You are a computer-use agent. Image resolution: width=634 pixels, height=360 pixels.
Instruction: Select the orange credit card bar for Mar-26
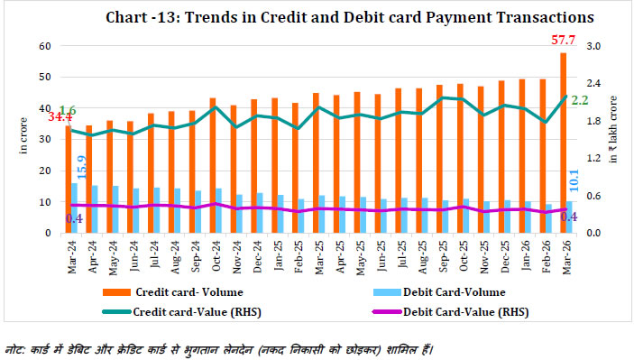point(564,144)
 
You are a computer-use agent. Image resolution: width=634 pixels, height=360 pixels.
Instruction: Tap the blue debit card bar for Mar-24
point(74,208)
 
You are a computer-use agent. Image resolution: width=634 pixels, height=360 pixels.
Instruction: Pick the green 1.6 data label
point(67,110)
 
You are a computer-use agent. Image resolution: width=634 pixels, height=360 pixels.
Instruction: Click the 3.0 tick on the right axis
point(594,45)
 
